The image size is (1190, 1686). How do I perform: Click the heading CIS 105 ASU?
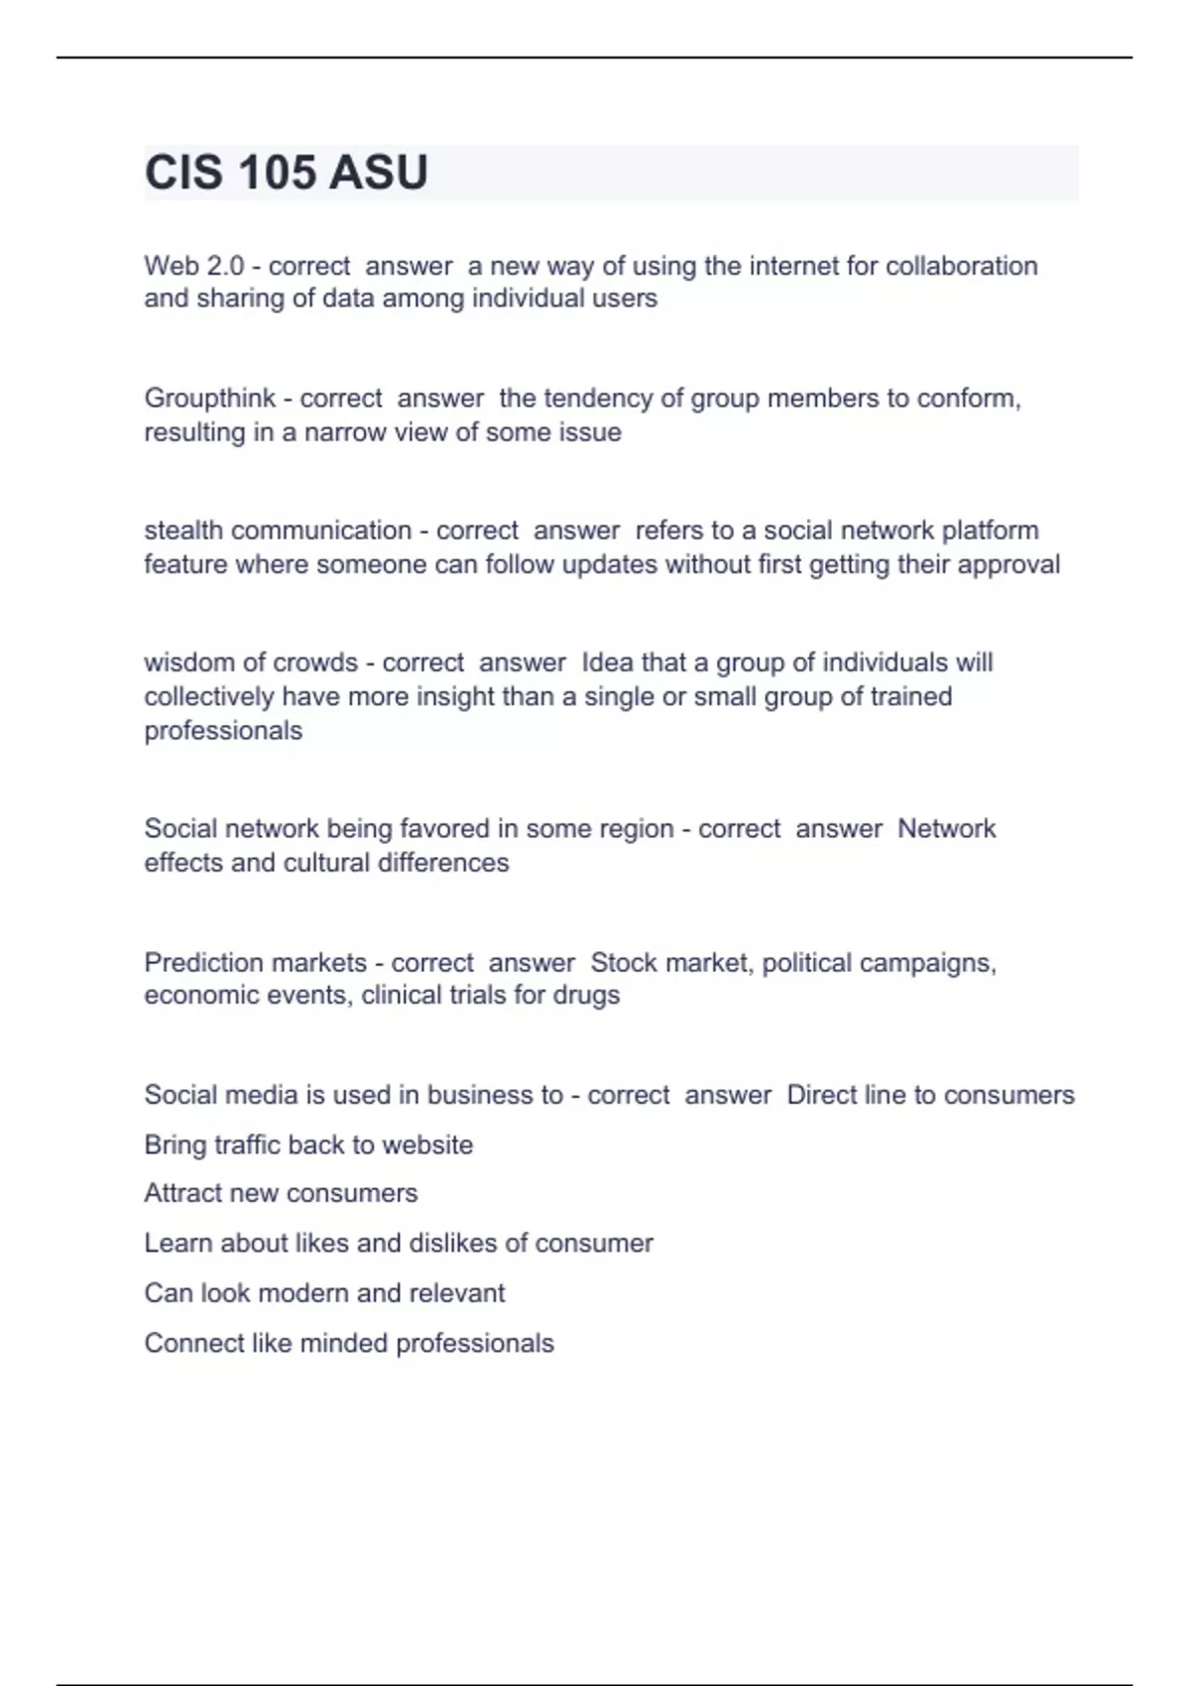286,173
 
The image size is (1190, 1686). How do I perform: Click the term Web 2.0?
193,266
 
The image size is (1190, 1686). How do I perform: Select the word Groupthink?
209,399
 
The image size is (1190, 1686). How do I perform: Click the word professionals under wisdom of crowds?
223,731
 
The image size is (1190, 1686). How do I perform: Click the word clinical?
400,995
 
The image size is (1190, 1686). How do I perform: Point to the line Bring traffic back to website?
308,1144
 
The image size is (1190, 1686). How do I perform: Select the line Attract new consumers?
281,1193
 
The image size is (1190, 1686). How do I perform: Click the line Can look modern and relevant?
324,1293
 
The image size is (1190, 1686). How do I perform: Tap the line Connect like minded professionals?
349,1343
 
